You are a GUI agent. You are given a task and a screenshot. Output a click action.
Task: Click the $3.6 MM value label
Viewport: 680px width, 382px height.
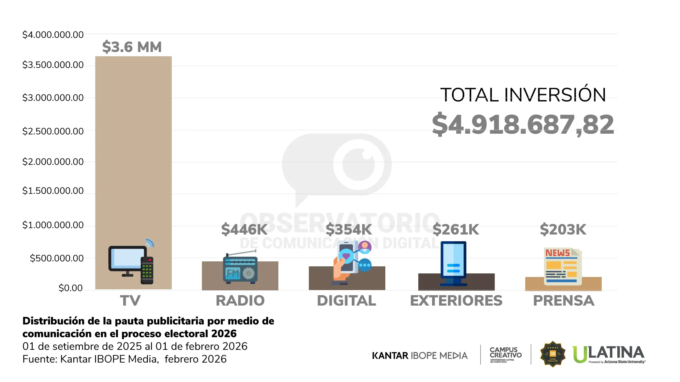click(132, 47)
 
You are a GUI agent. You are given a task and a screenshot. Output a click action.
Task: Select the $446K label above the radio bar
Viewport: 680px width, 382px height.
click(244, 230)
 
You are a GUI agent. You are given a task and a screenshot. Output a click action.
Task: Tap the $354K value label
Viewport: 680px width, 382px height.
click(349, 230)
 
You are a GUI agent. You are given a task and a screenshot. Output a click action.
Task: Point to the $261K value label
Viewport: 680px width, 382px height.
click(456, 230)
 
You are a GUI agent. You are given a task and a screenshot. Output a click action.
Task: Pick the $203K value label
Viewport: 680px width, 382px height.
click(563, 230)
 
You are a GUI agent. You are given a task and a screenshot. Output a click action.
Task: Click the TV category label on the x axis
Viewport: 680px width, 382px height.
click(130, 301)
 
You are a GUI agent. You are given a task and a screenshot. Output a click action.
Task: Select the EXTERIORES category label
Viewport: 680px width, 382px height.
click(456, 301)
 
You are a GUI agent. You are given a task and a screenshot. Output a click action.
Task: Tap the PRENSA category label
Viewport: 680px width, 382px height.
click(563, 301)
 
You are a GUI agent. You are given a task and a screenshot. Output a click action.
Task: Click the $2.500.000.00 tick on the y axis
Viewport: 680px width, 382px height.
click(53, 131)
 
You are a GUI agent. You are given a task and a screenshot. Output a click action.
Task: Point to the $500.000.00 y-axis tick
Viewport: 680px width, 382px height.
click(57, 258)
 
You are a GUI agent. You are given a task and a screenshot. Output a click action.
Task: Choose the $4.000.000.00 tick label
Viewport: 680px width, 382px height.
click(53, 35)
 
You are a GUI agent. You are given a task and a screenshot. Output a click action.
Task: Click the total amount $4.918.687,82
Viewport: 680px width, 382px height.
click(523, 125)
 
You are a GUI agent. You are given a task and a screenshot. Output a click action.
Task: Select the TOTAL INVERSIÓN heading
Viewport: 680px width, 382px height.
click(523, 95)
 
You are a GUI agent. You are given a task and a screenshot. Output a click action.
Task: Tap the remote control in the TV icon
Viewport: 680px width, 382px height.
click(147, 270)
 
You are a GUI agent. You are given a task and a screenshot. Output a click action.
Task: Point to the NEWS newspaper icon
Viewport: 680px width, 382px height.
click(562, 266)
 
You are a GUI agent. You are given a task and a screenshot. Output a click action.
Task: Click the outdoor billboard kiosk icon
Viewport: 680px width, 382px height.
click(453, 264)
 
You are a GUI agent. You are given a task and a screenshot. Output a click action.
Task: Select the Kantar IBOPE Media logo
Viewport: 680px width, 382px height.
click(420, 355)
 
